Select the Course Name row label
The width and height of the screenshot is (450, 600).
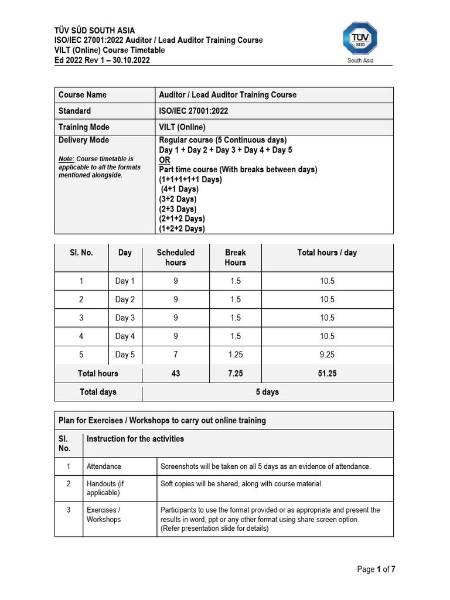tap(83, 95)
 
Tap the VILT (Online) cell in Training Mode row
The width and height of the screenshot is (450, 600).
tap(182, 127)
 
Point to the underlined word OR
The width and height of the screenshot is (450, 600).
tap(165, 160)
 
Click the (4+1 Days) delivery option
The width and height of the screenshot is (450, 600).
tap(180, 189)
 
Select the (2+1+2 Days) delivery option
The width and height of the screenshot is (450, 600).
tap(182, 219)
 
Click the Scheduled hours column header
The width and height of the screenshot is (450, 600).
tap(175, 257)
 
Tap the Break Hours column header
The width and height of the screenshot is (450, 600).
tap(235, 257)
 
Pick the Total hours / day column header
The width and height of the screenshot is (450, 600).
tap(327, 253)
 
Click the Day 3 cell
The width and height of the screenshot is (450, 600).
tap(125, 318)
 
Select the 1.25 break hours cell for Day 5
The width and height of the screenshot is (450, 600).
tap(235, 354)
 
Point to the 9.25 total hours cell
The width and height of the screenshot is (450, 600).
tap(327, 354)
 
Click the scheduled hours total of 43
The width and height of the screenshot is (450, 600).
tap(175, 373)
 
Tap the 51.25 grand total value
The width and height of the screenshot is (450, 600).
tap(327, 373)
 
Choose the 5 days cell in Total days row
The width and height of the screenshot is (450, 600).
tap(267, 392)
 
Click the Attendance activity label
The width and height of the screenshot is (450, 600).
tap(104, 466)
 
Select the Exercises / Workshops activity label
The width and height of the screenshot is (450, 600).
tap(104, 514)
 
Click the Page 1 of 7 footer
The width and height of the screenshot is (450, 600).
tap(380, 570)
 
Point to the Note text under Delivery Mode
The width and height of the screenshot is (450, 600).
tap(99, 167)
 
